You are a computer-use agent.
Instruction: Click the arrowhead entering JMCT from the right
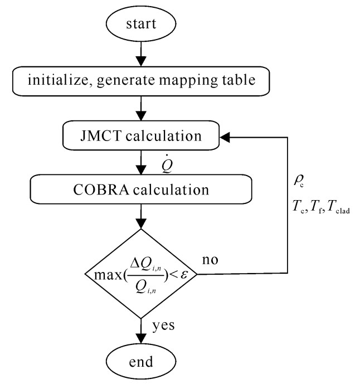click(225, 136)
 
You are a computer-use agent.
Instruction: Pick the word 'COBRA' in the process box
click(100, 189)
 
